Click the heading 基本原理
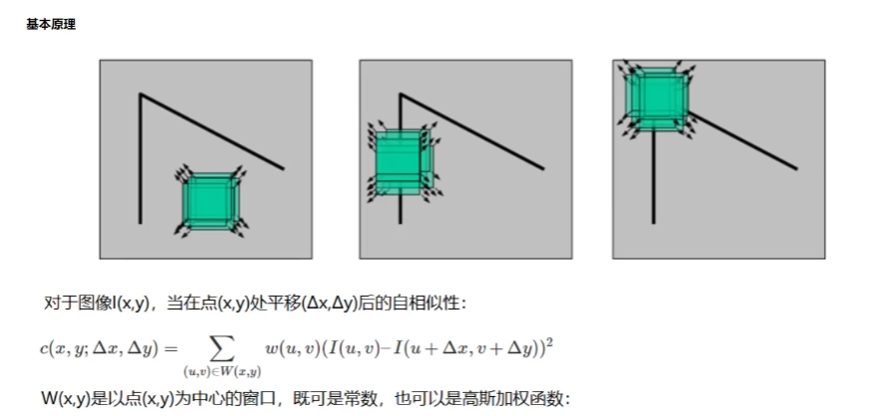tap(51, 25)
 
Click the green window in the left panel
tap(210, 201)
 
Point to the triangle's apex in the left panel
tap(141, 95)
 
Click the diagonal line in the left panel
tap(212, 131)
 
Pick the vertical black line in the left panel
tap(141, 159)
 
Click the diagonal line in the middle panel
tap(471, 131)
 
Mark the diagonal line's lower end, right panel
tap(797, 168)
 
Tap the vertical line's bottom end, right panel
tap(654, 224)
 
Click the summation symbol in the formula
tap(221, 348)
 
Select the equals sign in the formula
tap(170, 348)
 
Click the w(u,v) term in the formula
tap(292, 348)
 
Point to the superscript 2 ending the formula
tap(549, 343)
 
